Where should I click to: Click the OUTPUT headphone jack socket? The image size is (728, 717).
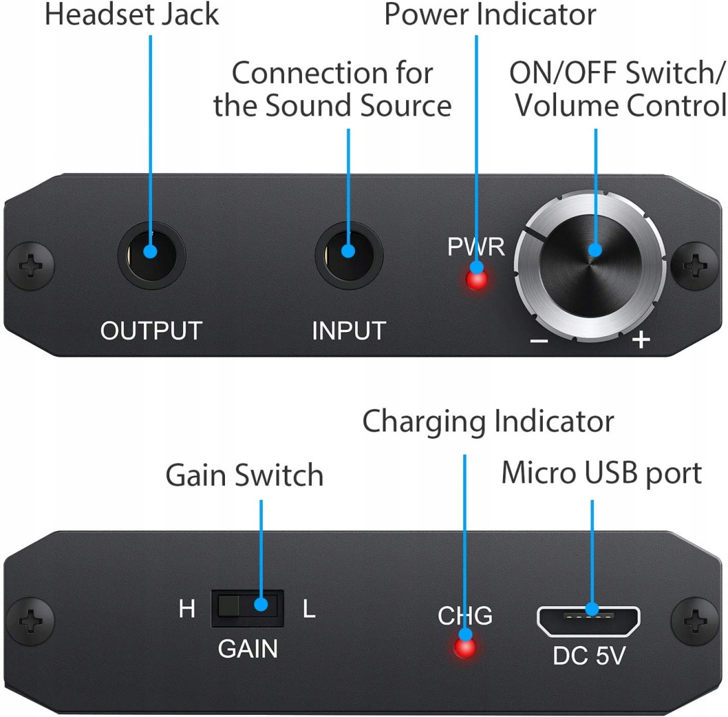pos(151,255)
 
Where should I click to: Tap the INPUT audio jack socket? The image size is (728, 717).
pos(348,255)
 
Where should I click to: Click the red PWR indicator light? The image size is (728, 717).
pos(476,279)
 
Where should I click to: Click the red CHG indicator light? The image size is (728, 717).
pos(465,647)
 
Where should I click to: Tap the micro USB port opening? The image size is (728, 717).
pos(588,621)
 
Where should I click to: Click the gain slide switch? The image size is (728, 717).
pos(248,608)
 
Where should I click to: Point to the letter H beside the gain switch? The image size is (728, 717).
pos(187,609)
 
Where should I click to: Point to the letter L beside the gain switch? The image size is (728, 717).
pos(309,609)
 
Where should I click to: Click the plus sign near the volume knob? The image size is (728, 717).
pos(641,339)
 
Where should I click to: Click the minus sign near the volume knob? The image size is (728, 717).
pos(539,341)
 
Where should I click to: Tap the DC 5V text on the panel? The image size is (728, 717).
pos(589,656)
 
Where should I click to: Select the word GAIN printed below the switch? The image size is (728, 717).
pos(248,648)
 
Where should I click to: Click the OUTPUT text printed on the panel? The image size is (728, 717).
pos(151,331)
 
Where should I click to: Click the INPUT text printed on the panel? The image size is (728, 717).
pos(348,331)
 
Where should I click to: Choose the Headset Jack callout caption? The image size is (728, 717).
pos(132,15)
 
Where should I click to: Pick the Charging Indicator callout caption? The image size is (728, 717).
pos(488,422)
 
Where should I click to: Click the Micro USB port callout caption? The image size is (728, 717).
pos(601,473)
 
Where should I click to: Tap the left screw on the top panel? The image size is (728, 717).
pos(31,266)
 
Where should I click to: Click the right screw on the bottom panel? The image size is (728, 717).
pos(695,621)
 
